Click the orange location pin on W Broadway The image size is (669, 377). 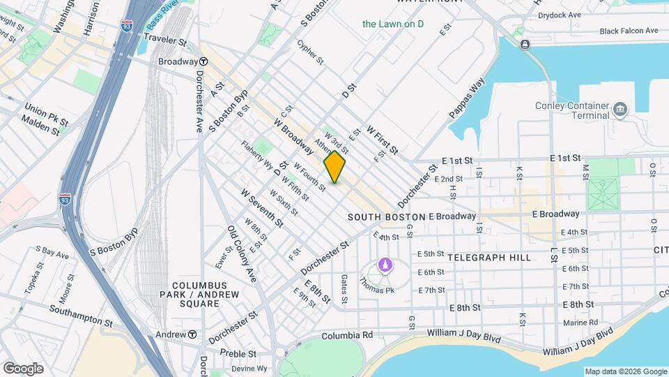[334, 167]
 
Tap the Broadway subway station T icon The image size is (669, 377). [203, 61]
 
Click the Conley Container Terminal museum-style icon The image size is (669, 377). [620, 109]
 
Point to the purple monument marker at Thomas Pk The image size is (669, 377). [384, 265]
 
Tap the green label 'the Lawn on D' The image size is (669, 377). [393, 24]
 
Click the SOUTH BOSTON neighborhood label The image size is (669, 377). [386, 217]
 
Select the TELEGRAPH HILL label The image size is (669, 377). [489, 258]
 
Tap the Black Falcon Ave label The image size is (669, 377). [629, 31]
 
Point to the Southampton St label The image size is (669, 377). [79, 315]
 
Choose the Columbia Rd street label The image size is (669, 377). [346, 336]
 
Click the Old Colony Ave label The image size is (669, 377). [242, 253]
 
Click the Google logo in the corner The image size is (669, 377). [23, 369]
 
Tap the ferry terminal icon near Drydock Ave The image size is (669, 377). [524, 44]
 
